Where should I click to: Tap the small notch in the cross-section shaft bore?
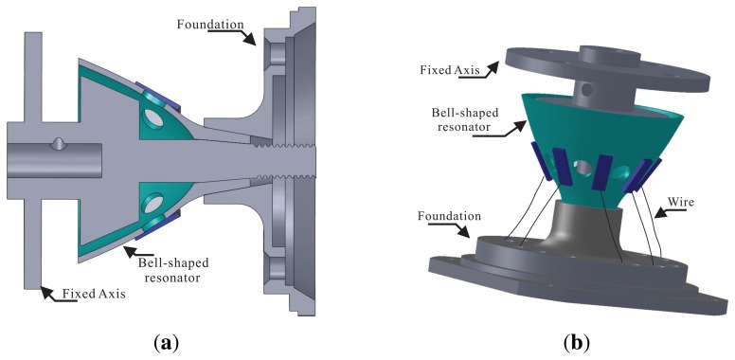click(60, 144)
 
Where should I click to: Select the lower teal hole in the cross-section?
click(152, 202)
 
